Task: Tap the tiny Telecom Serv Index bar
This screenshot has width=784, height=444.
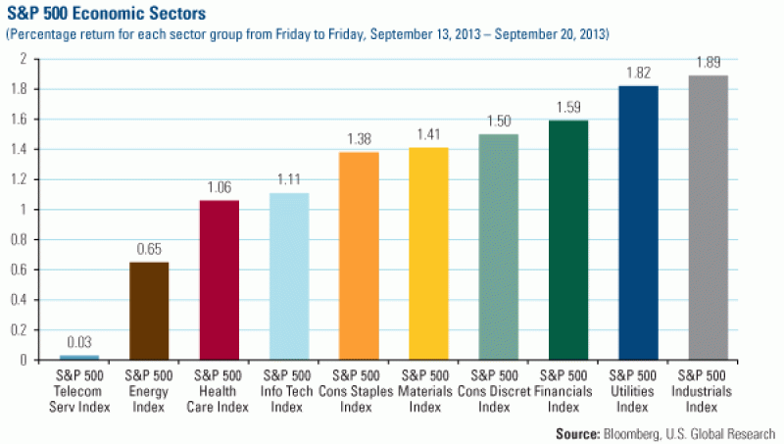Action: click(x=79, y=357)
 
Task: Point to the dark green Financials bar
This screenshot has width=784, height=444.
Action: click(x=567, y=239)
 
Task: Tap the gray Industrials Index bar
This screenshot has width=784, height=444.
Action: click(x=708, y=217)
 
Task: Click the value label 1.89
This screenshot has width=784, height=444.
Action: click(x=708, y=63)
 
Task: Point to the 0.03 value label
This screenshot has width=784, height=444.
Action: click(x=79, y=342)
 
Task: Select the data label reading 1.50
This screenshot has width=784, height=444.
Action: click(x=498, y=122)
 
